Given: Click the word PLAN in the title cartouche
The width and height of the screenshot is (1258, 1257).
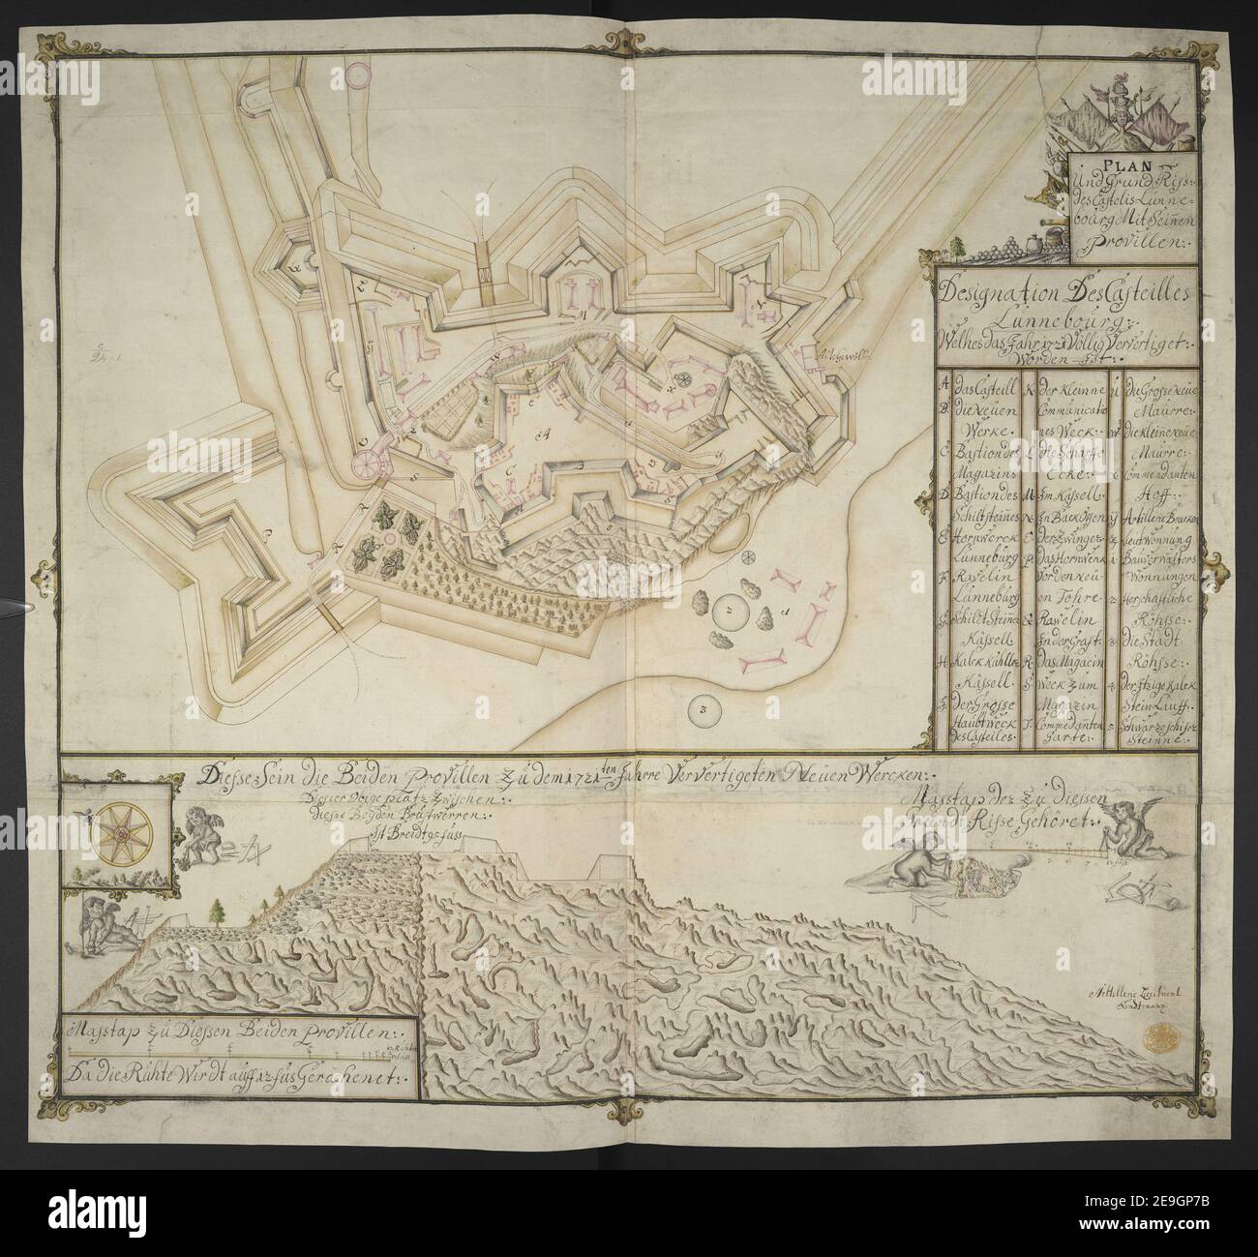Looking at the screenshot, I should [x=1130, y=163].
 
